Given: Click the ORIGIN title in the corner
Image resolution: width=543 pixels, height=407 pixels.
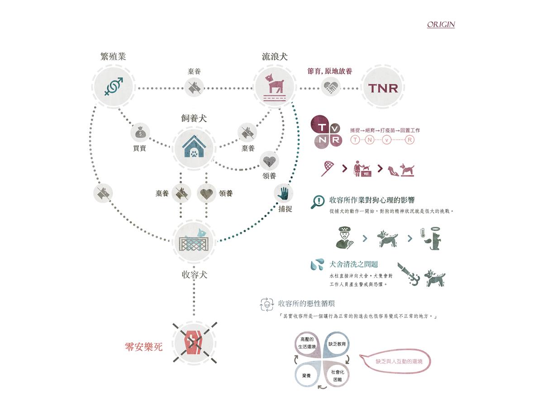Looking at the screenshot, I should coord(441,24).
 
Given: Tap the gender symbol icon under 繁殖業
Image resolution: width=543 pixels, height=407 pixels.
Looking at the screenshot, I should coord(114,86).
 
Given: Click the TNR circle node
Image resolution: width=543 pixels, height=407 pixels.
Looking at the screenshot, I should coord(383,87).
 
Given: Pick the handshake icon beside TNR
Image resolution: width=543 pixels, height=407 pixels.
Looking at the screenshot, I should coord(331,87).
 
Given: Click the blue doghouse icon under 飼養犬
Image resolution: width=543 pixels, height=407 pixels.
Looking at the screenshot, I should coord(193,147).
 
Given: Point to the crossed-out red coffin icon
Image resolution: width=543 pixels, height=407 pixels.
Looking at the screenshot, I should coord(194,342).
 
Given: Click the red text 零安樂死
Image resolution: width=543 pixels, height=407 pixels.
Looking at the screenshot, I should coord(143,347).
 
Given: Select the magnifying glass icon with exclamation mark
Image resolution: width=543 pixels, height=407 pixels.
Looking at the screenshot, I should coord(318,201).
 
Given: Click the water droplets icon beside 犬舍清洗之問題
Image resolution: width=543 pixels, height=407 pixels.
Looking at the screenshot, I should coord(317,265).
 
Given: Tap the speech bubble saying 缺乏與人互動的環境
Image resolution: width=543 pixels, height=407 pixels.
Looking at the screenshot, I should coord(396,362).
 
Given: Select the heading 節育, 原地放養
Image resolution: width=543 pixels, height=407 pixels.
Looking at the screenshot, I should coord(330,71).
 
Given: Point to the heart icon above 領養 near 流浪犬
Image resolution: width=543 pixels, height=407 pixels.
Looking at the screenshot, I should coord(269,161).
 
